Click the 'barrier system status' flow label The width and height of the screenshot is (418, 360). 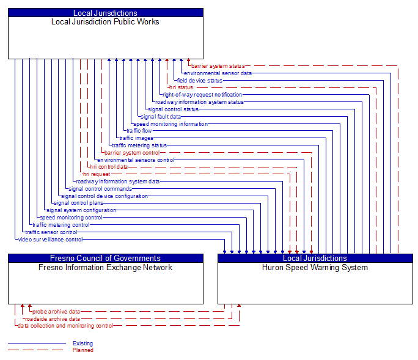(218, 66)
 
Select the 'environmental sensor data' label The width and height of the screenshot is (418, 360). (218, 73)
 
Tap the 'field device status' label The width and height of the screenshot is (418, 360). (200, 81)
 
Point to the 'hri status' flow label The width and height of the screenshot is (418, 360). (181, 87)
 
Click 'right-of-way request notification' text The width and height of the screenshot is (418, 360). (202, 95)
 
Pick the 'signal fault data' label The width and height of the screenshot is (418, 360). (161, 117)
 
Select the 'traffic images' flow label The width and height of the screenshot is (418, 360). (136, 138)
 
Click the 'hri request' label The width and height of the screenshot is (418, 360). (97, 174)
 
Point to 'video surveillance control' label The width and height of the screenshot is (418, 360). (50, 240)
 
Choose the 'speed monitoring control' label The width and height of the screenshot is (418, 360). (71, 218)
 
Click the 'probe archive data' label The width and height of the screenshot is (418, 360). (56, 312)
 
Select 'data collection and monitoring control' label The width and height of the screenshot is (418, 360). (65, 326)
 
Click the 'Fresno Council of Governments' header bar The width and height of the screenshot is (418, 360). (105, 258)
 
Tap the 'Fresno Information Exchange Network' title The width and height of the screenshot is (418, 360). (105, 268)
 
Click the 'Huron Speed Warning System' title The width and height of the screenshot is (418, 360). (315, 268)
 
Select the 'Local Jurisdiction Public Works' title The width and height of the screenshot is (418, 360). (105, 22)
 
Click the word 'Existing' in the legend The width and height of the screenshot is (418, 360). (82, 343)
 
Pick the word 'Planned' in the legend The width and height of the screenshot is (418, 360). (82, 350)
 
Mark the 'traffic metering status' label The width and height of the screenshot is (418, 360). (139, 145)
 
